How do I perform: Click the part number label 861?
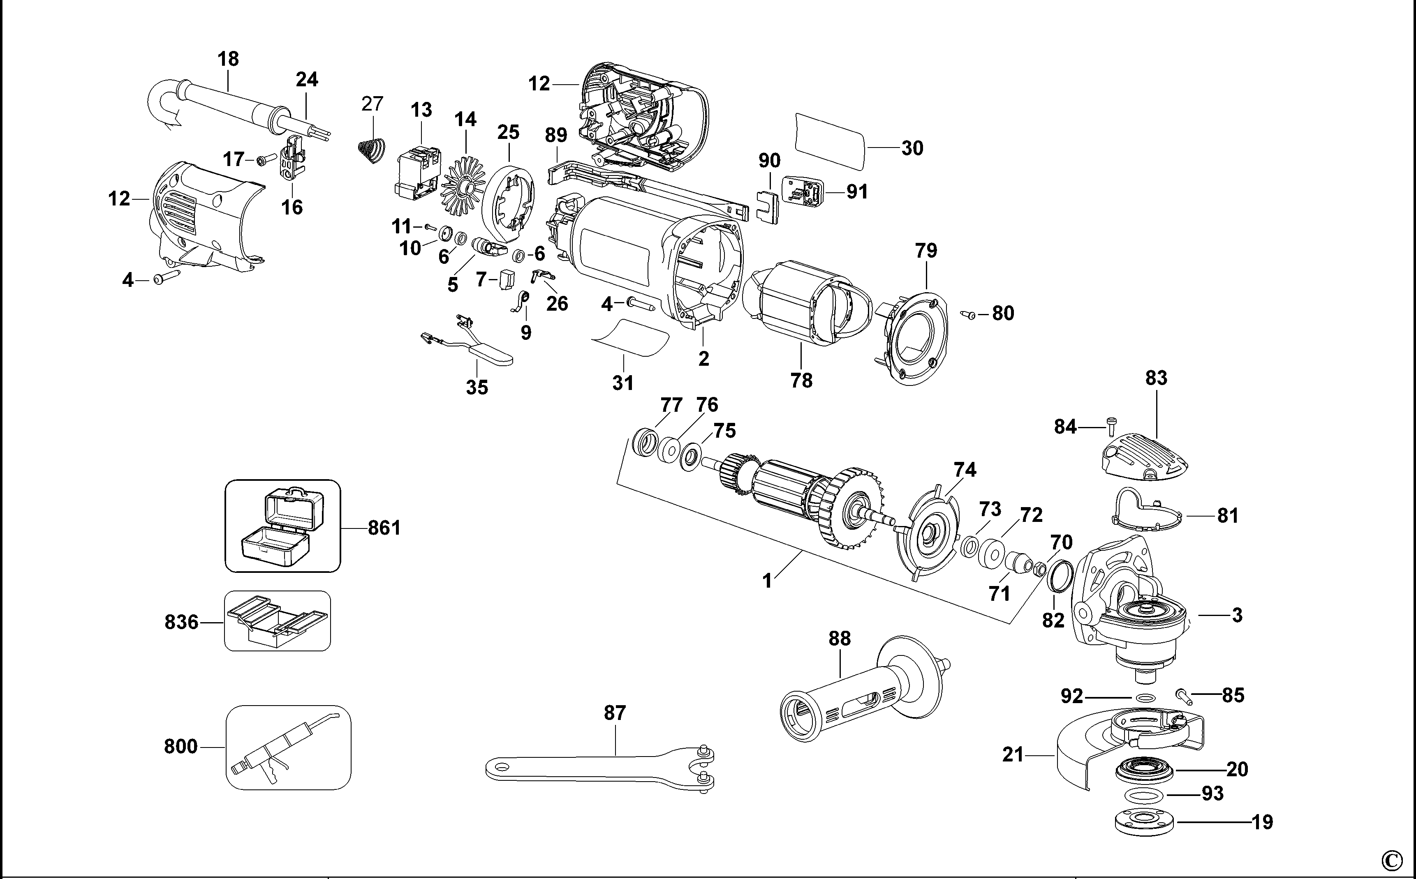coord(384,528)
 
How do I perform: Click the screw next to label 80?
coord(969,314)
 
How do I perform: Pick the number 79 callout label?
coord(926,251)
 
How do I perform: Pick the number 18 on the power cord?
coord(228,59)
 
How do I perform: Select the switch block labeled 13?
coord(418,173)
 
